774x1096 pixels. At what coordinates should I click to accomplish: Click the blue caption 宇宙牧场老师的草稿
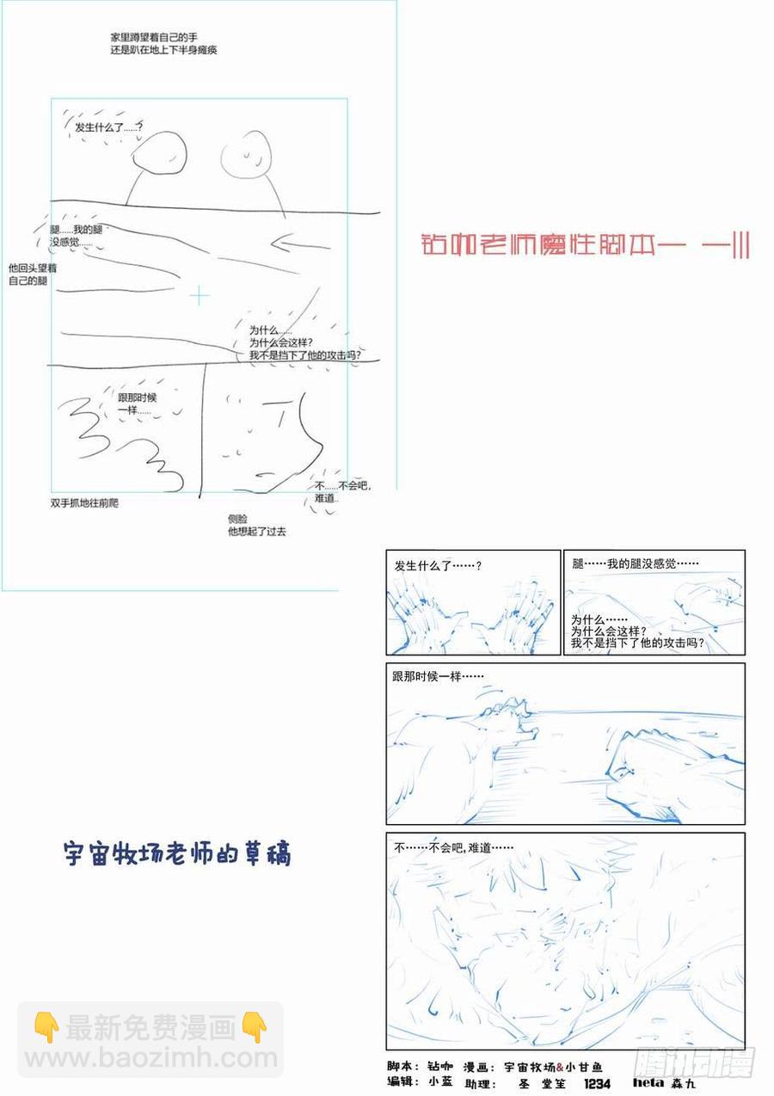pos(178,853)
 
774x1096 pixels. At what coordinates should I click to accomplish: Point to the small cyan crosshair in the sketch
pos(200,296)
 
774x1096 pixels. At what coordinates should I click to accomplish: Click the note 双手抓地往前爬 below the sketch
pos(84,502)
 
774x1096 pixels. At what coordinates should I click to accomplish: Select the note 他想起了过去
pos(256,532)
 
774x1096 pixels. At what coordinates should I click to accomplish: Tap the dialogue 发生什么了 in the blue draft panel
pos(438,566)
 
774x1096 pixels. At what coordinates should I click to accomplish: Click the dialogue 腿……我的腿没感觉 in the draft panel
pos(635,563)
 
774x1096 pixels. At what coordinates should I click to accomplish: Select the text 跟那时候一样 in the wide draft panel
pos(438,677)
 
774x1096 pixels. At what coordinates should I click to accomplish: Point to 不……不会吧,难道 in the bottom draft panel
pos(453,847)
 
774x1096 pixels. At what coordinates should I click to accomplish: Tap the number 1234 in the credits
pos(597,1084)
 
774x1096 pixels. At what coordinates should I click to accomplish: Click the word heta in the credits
pos(648,1083)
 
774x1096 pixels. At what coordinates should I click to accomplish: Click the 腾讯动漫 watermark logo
pos(695,1061)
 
